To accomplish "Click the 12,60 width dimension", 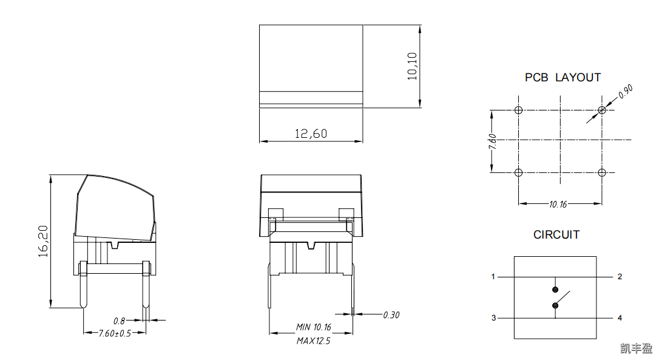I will (311, 134).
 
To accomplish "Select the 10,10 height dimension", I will (412, 66).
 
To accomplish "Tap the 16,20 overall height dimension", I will (43, 242).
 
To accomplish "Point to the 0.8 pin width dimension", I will (119, 320).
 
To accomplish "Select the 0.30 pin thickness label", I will (391, 314).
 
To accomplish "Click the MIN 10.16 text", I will (313, 327).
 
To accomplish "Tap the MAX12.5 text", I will (313, 341).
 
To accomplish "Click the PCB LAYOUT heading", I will (563, 78).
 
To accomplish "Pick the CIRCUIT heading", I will (556, 234).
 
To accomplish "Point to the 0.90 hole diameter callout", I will (625, 92).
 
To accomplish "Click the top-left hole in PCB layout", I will (518, 110).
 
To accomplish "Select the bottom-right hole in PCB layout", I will (601, 173).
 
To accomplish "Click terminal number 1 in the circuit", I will (493, 277).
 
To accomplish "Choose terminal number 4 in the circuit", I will (620, 318).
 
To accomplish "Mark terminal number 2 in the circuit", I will (620, 277).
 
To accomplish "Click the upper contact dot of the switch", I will (555, 290).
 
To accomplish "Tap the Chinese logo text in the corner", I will (636, 348).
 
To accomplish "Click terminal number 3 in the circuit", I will (493, 318).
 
